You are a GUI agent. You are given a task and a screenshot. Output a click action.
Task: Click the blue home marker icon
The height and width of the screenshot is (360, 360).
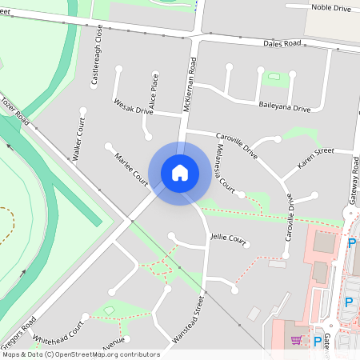coord(179,172)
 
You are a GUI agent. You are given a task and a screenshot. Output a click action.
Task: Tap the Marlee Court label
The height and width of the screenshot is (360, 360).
coord(131,167)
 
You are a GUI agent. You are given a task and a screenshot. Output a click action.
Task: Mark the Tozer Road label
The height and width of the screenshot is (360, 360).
coord(14,112)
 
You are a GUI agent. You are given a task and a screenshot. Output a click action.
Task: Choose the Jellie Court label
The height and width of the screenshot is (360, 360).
coord(227,238)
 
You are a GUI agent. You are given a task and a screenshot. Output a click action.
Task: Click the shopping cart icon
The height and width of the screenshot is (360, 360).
coord(297,340)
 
